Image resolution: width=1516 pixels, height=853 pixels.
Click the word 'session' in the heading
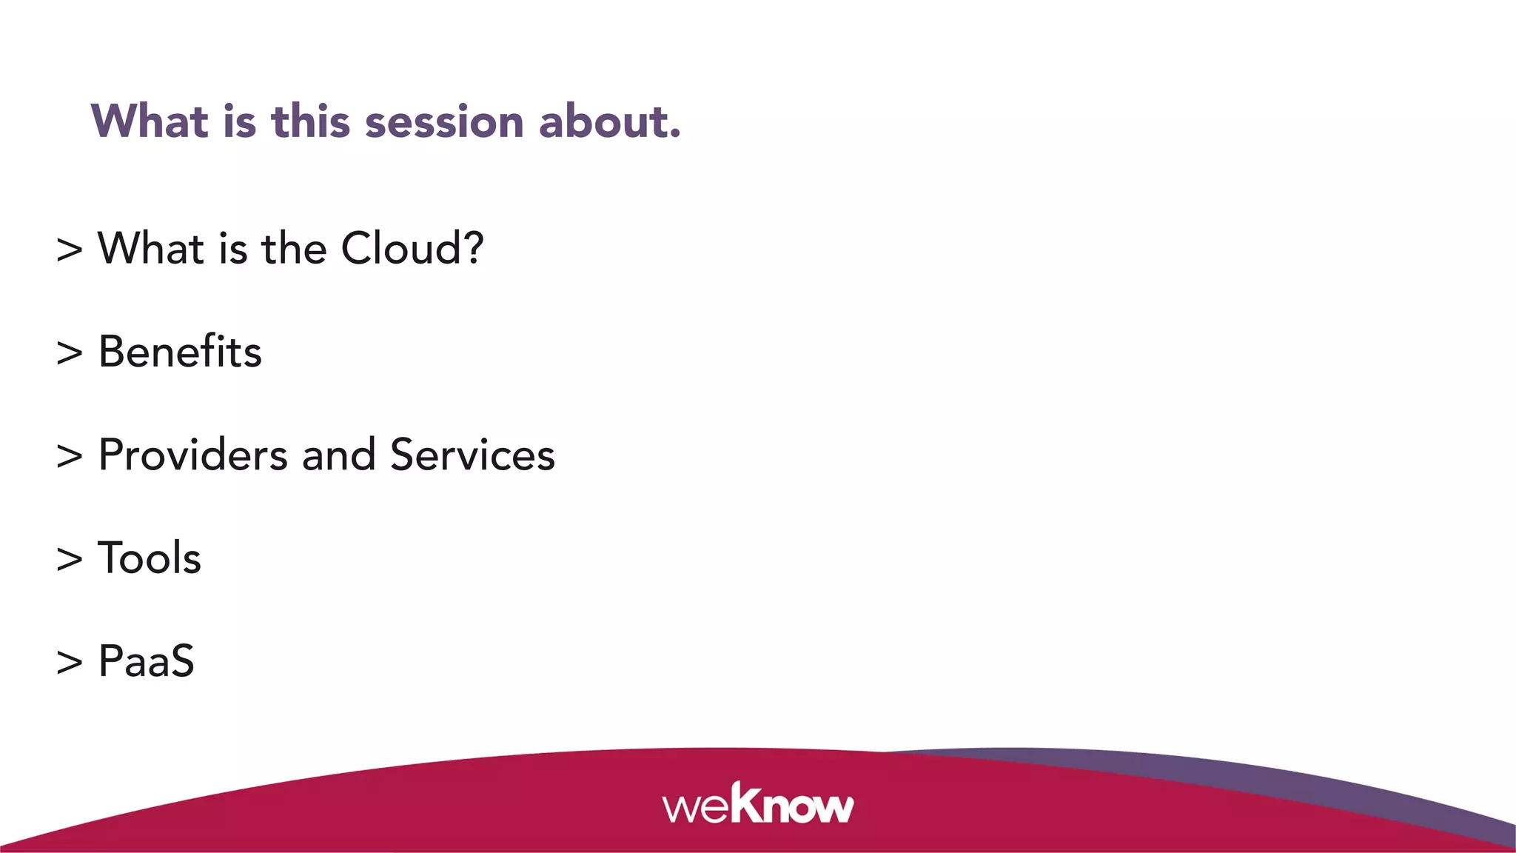click(444, 122)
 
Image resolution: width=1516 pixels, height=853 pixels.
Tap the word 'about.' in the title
click(609, 122)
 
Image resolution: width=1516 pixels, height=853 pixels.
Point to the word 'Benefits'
click(180, 352)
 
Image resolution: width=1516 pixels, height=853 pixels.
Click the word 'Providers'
click(192, 455)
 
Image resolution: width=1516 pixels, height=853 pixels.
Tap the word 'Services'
click(472, 455)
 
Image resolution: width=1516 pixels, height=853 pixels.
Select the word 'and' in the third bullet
click(338, 455)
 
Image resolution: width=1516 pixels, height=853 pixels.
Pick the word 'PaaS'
click(146, 661)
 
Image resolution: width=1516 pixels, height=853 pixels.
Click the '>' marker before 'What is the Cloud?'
click(70, 250)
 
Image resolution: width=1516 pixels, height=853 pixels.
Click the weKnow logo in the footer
click(758, 804)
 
